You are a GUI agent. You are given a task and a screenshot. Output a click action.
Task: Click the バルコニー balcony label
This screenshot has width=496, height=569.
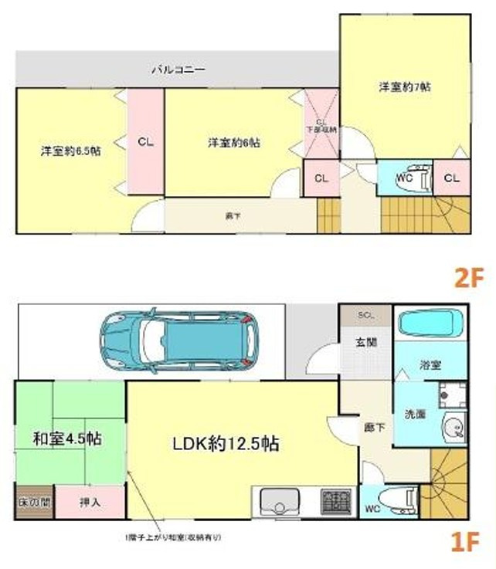177,69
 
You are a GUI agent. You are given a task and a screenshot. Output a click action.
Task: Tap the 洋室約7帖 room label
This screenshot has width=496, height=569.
404,86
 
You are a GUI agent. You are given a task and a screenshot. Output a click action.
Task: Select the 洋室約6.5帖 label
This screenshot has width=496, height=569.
70,151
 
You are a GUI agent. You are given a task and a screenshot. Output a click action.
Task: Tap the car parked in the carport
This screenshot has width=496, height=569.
177,339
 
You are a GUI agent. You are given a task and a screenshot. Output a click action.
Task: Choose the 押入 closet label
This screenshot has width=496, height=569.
90,502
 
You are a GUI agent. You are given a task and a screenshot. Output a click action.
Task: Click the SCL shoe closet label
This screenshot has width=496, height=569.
364,315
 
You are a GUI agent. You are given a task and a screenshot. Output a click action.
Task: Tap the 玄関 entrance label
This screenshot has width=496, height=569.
366,342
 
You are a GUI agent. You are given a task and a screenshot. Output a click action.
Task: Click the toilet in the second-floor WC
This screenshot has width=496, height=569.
416,175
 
